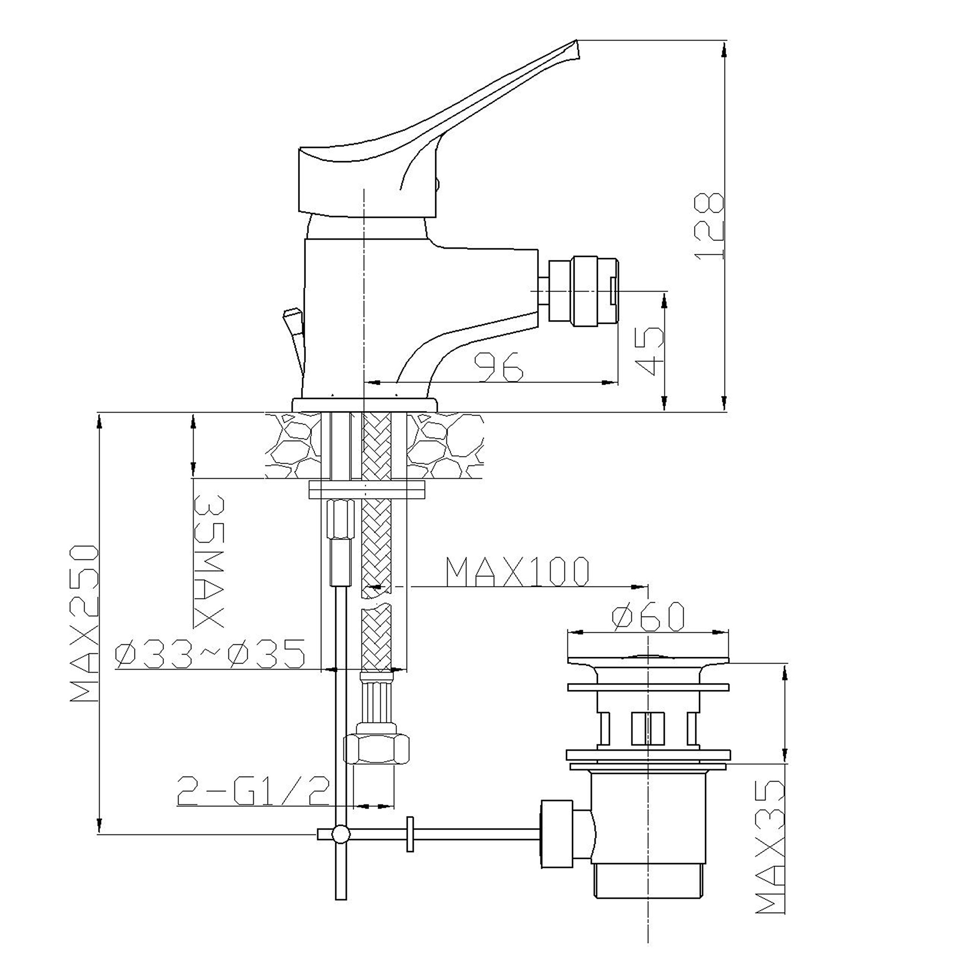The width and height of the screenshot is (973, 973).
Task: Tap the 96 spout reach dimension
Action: pos(499,366)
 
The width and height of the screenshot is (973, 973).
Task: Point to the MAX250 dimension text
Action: pos(84,623)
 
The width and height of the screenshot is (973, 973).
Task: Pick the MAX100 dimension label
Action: pos(517,572)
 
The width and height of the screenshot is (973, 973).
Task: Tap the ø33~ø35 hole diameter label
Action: pos(211,654)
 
